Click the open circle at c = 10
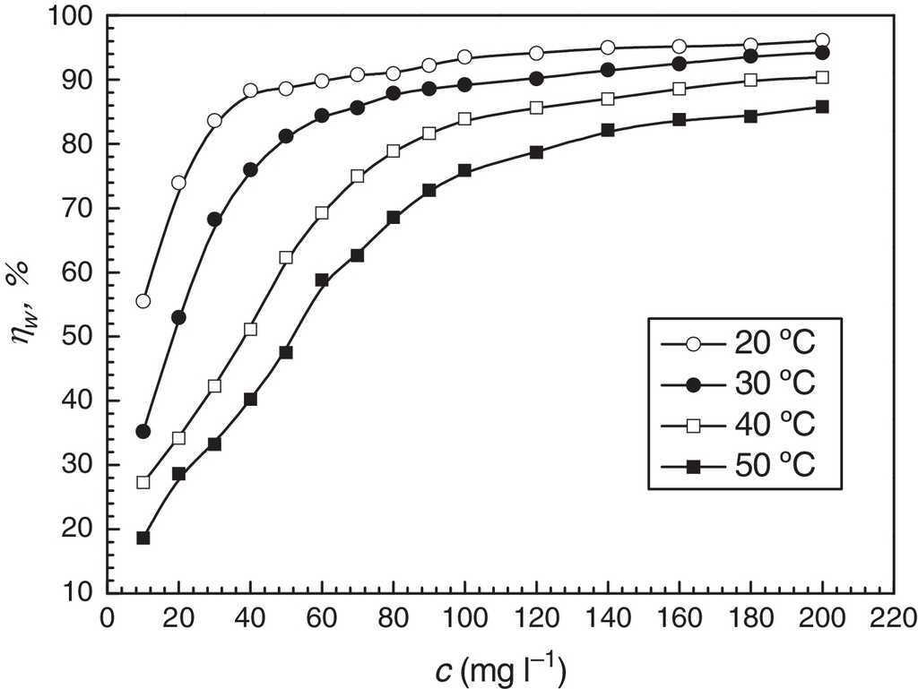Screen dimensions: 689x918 tap(143, 301)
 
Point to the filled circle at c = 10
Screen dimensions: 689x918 tap(143, 432)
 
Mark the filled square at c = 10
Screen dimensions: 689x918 tap(143, 538)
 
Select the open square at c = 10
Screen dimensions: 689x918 tap(143, 482)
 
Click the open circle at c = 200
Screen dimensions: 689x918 tap(822, 40)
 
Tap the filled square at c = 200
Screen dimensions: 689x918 tap(822, 107)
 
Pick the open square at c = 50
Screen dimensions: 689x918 tap(286, 257)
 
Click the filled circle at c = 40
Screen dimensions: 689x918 tap(250, 169)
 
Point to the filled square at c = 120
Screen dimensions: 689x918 tap(536, 152)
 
